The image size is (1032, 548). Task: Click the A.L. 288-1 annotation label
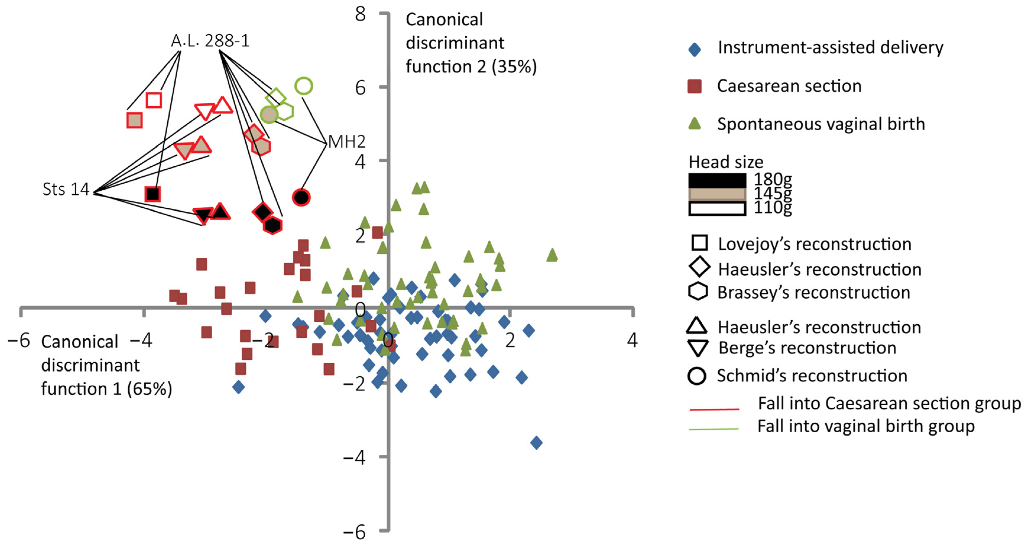click(x=210, y=41)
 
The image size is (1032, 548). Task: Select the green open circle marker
click(x=304, y=86)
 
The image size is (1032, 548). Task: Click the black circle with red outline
click(x=301, y=197)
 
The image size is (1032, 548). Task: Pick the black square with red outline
click(x=153, y=194)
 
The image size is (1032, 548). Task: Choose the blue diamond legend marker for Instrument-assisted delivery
click(x=694, y=50)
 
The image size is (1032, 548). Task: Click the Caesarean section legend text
click(x=789, y=86)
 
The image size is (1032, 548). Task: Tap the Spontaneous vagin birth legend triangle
click(x=694, y=124)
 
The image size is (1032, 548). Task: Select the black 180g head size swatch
click(x=717, y=180)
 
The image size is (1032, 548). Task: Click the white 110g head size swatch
click(x=717, y=209)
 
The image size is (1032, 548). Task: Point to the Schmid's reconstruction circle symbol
click(x=697, y=376)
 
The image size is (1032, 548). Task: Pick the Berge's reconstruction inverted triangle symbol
click(x=697, y=348)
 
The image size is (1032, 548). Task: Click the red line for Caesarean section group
click(x=714, y=409)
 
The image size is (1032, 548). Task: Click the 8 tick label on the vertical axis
click(x=360, y=14)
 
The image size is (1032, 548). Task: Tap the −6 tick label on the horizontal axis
click(x=18, y=341)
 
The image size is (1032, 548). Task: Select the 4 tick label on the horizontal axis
click(x=632, y=340)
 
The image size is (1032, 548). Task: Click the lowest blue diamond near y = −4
click(x=537, y=443)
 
